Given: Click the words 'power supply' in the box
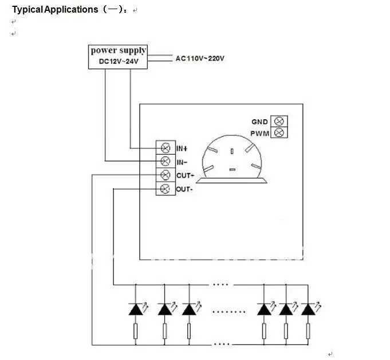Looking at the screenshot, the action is click(x=118, y=50).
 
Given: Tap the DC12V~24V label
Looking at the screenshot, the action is click(x=119, y=61).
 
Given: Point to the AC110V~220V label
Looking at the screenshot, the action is click(x=200, y=58).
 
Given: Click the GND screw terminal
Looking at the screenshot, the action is click(x=279, y=122).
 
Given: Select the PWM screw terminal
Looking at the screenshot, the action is click(x=279, y=132).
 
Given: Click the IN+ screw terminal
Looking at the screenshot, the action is click(x=166, y=148).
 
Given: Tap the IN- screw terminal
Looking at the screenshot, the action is click(x=166, y=161).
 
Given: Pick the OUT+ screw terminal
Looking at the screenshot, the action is click(x=166, y=175).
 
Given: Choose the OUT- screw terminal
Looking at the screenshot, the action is click(x=166, y=189).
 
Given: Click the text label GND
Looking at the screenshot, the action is click(x=259, y=122).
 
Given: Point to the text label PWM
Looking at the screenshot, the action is click(x=259, y=134).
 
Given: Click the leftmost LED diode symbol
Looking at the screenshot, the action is click(x=136, y=309).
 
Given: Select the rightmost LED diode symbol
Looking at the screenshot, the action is click(x=308, y=309).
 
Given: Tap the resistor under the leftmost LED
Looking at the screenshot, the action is click(x=136, y=331).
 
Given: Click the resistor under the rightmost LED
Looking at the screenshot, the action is click(x=308, y=331).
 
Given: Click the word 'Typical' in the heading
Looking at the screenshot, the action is click(x=28, y=10).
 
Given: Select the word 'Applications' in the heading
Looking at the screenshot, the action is click(x=71, y=10).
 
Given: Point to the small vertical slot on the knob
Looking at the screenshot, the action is click(x=232, y=151).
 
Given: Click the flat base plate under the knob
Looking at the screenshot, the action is click(x=231, y=181).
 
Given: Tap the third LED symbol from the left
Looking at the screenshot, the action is click(x=189, y=309).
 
